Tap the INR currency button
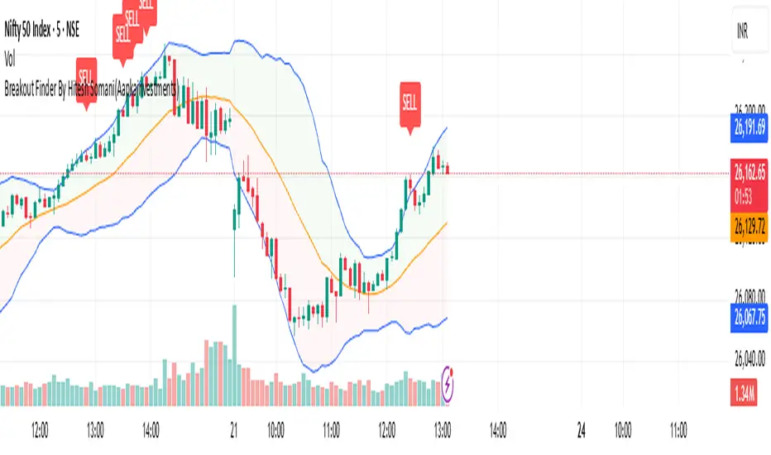[748, 32]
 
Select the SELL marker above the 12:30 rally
[410, 103]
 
